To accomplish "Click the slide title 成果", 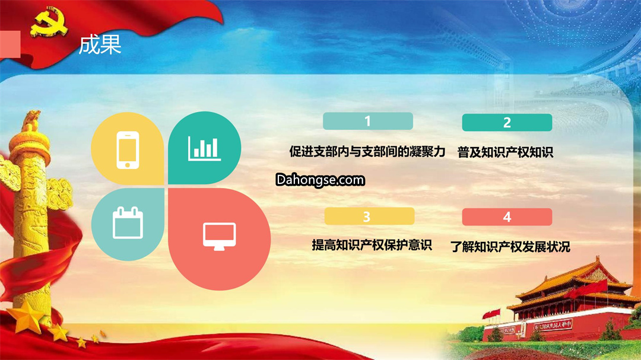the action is [100, 44].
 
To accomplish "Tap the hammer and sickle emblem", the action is [48, 22].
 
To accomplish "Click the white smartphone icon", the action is [128, 150].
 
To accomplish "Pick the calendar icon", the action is [128, 222].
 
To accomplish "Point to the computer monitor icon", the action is [220, 237].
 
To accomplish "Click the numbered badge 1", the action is [368, 121].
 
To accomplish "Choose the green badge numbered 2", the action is [507, 123].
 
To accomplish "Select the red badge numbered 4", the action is [507, 217].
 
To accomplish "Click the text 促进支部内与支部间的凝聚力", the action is [367, 152].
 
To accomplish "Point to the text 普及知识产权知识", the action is [505, 152].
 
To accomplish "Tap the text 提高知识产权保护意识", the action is [372, 245].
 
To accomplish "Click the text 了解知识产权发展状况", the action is [510, 247].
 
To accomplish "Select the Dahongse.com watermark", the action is [320, 180].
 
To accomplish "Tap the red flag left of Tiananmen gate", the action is [491, 314].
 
